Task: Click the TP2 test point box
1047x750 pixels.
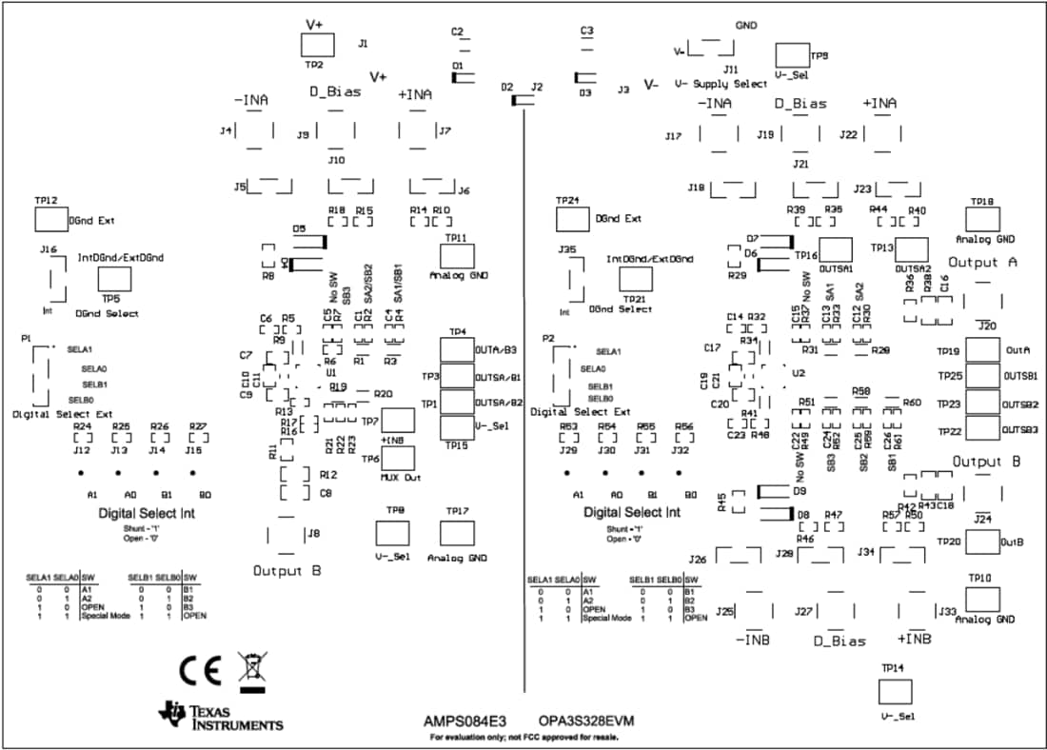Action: pyautogui.click(x=318, y=45)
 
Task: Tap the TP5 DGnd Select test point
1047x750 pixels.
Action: pyautogui.click(x=115, y=279)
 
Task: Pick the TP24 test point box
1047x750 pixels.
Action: pyautogui.click(x=572, y=220)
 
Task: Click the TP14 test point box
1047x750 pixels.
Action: pyautogui.click(x=892, y=691)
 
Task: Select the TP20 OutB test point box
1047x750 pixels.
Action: pyautogui.click(x=982, y=542)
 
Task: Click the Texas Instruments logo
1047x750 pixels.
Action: pyautogui.click(x=221, y=717)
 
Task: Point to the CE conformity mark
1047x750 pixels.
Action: pyautogui.click(x=201, y=669)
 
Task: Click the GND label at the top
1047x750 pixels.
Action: pyautogui.click(x=746, y=26)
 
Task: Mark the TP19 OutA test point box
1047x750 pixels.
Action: pyautogui.click(x=982, y=351)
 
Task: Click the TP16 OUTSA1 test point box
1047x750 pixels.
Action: pyautogui.click(x=835, y=250)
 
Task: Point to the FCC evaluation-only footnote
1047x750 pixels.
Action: pyautogui.click(x=524, y=738)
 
